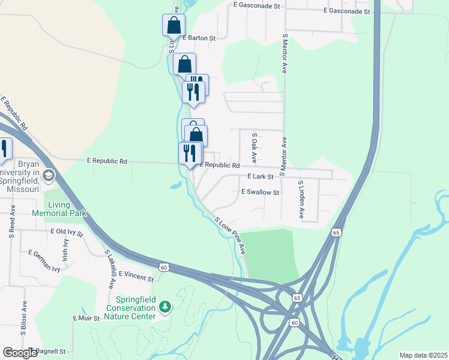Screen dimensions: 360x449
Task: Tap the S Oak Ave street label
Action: pos(255,148)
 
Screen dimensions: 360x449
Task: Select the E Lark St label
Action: pos(261,177)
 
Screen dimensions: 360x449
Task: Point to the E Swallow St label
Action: pos(261,192)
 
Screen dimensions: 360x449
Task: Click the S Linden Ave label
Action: pos(301,199)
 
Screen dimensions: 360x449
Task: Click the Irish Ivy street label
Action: pos(66,247)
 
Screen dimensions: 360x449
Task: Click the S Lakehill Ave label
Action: pos(110,269)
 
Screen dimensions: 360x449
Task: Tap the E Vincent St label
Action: pos(136,276)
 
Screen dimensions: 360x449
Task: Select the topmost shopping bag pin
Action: pos(173,25)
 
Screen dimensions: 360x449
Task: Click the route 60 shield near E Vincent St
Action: pos(164,266)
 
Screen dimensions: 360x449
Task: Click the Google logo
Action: pos(20,353)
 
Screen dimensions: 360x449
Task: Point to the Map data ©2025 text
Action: pos(423,355)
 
